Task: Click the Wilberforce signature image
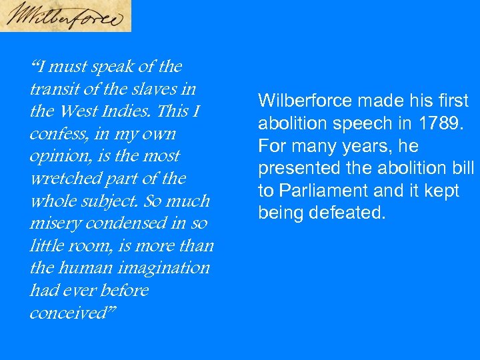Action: [x=65, y=16]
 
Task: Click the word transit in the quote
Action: [x=55, y=89]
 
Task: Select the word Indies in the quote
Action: [x=146, y=111]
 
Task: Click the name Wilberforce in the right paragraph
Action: [x=305, y=101]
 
